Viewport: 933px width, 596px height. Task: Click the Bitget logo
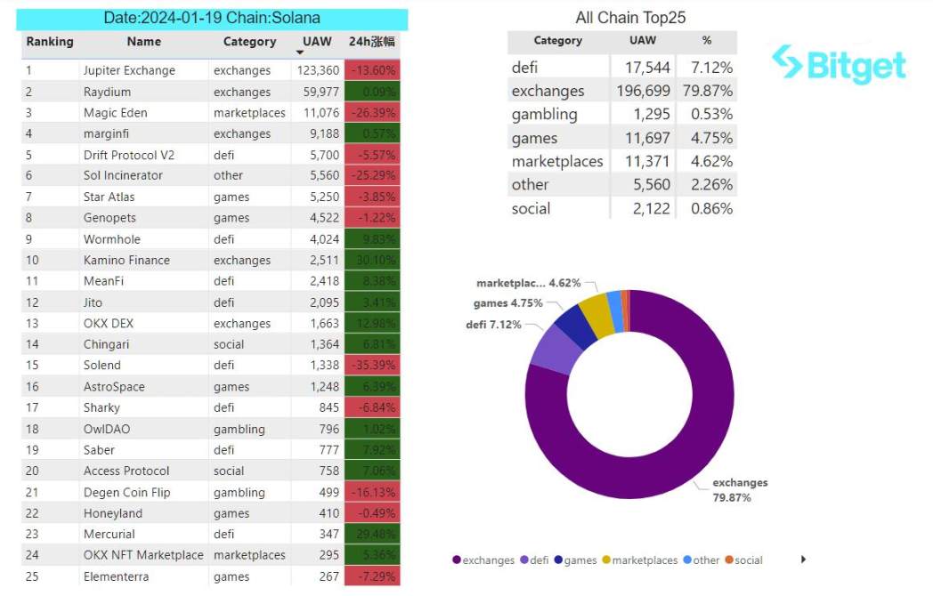pos(839,64)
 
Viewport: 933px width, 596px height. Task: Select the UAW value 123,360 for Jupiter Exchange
pos(318,70)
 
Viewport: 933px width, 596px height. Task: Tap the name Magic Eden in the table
pos(115,113)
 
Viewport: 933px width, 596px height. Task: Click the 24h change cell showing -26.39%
pos(372,113)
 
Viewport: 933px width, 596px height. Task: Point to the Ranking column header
pos(50,42)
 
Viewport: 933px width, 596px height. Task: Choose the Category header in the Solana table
pos(249,42)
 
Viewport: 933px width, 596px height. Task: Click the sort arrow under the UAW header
pos(299,53)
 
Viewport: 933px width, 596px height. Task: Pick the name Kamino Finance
pos(126,260)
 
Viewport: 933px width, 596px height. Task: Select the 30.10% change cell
pos(372,260)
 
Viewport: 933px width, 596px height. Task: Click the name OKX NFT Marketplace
pos(143,555)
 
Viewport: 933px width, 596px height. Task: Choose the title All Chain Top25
pos(630,18)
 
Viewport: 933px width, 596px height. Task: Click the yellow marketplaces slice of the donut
pos(595,312)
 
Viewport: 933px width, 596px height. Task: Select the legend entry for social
pos(743,560)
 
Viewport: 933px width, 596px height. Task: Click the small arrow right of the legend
pos(804,560)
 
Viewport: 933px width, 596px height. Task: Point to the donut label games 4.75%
pos(507,303)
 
